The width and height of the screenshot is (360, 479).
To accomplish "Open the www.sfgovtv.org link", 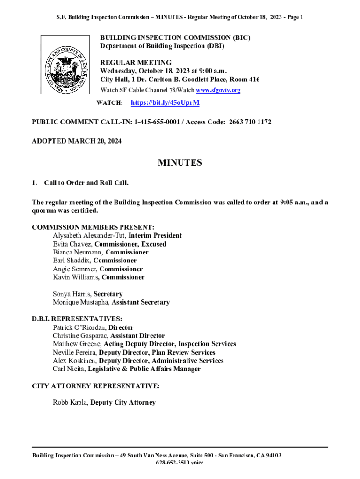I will click(x=218, y=90).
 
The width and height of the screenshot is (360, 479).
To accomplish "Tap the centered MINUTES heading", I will click(x=180, y=163).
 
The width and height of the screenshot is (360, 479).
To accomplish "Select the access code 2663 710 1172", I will click(x=250, y=123).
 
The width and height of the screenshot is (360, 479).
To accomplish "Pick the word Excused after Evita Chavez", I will click(x=151, y=244).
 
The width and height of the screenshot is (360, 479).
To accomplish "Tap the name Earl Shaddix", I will click(x=72, y=261).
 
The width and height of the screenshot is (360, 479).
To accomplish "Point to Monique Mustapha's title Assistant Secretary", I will click(x=140, y=303).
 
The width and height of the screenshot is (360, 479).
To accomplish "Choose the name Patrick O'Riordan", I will click(x=79, y=328).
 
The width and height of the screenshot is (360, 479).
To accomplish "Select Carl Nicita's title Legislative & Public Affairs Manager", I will click(x=144, y=369).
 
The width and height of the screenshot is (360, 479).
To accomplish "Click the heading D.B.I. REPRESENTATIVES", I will click(x=77, y=319).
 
